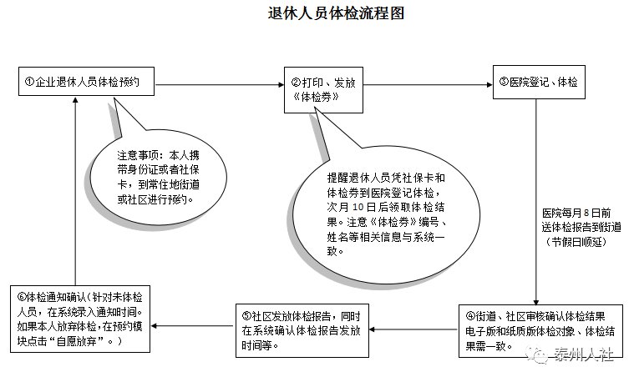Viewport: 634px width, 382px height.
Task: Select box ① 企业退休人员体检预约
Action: point(87,82)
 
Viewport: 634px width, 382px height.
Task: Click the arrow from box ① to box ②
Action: point(221,83)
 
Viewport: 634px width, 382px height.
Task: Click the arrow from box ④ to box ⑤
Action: point(414,328)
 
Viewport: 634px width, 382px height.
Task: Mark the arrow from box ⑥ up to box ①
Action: point(76,192)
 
